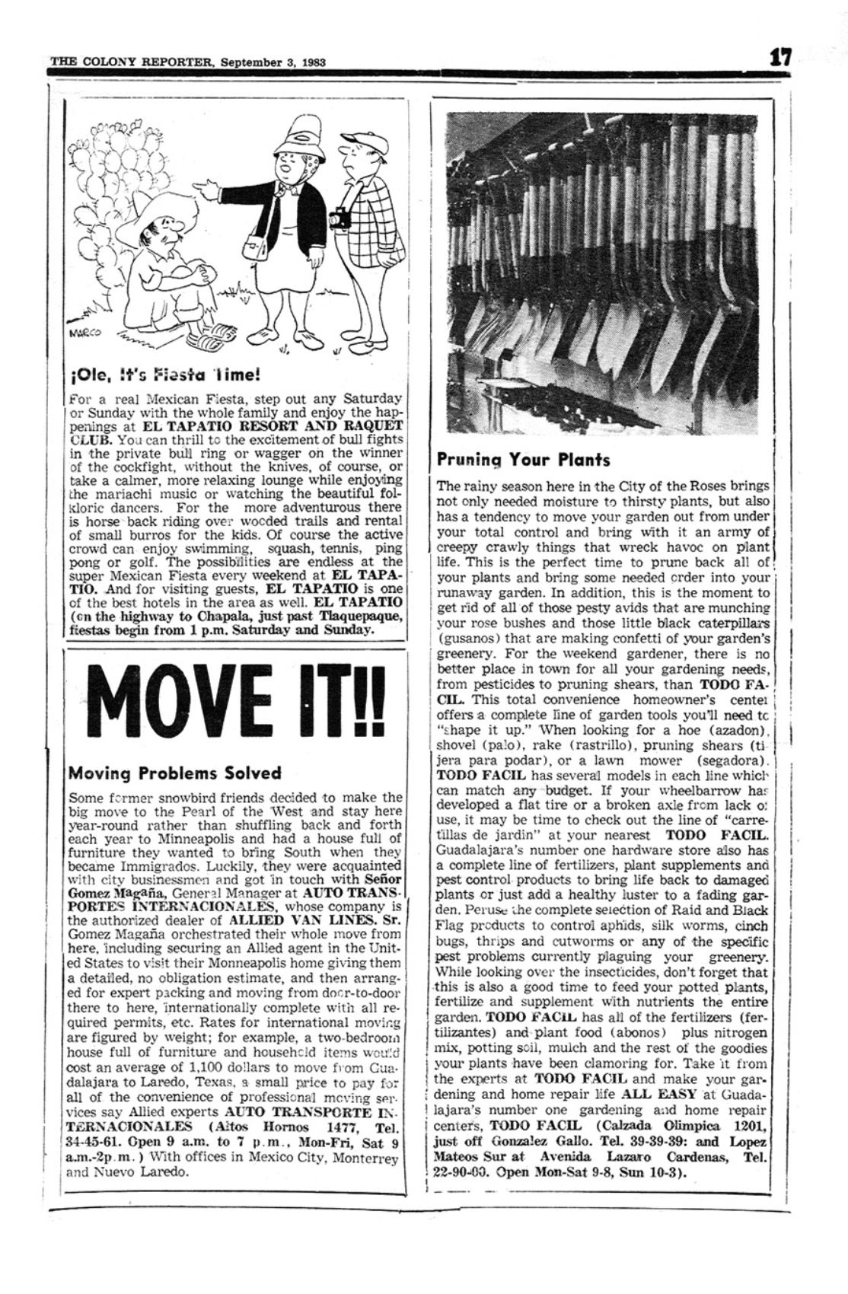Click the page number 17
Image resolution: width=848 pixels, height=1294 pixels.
click(x=779, y=56)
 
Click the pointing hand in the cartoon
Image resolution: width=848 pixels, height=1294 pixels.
click(x=201, y=184)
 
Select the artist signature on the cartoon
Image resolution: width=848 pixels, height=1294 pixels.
click(x=81, y=331)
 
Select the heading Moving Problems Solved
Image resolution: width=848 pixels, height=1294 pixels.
click(x=174, y=773)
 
